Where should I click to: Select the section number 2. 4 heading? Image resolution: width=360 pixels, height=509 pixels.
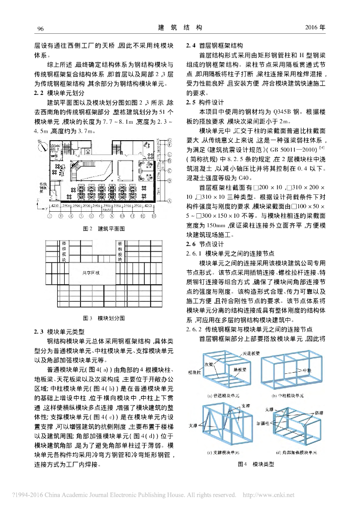(190, 45)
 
